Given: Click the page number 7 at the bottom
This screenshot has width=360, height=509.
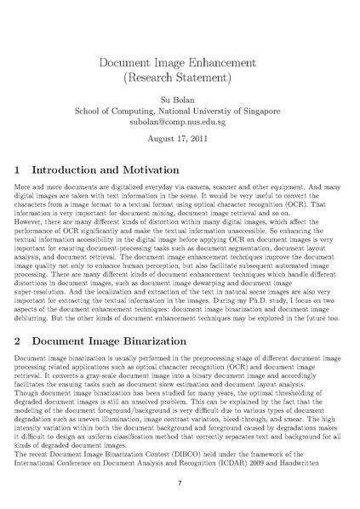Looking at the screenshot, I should pyautogui.click(x=180, y=483).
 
